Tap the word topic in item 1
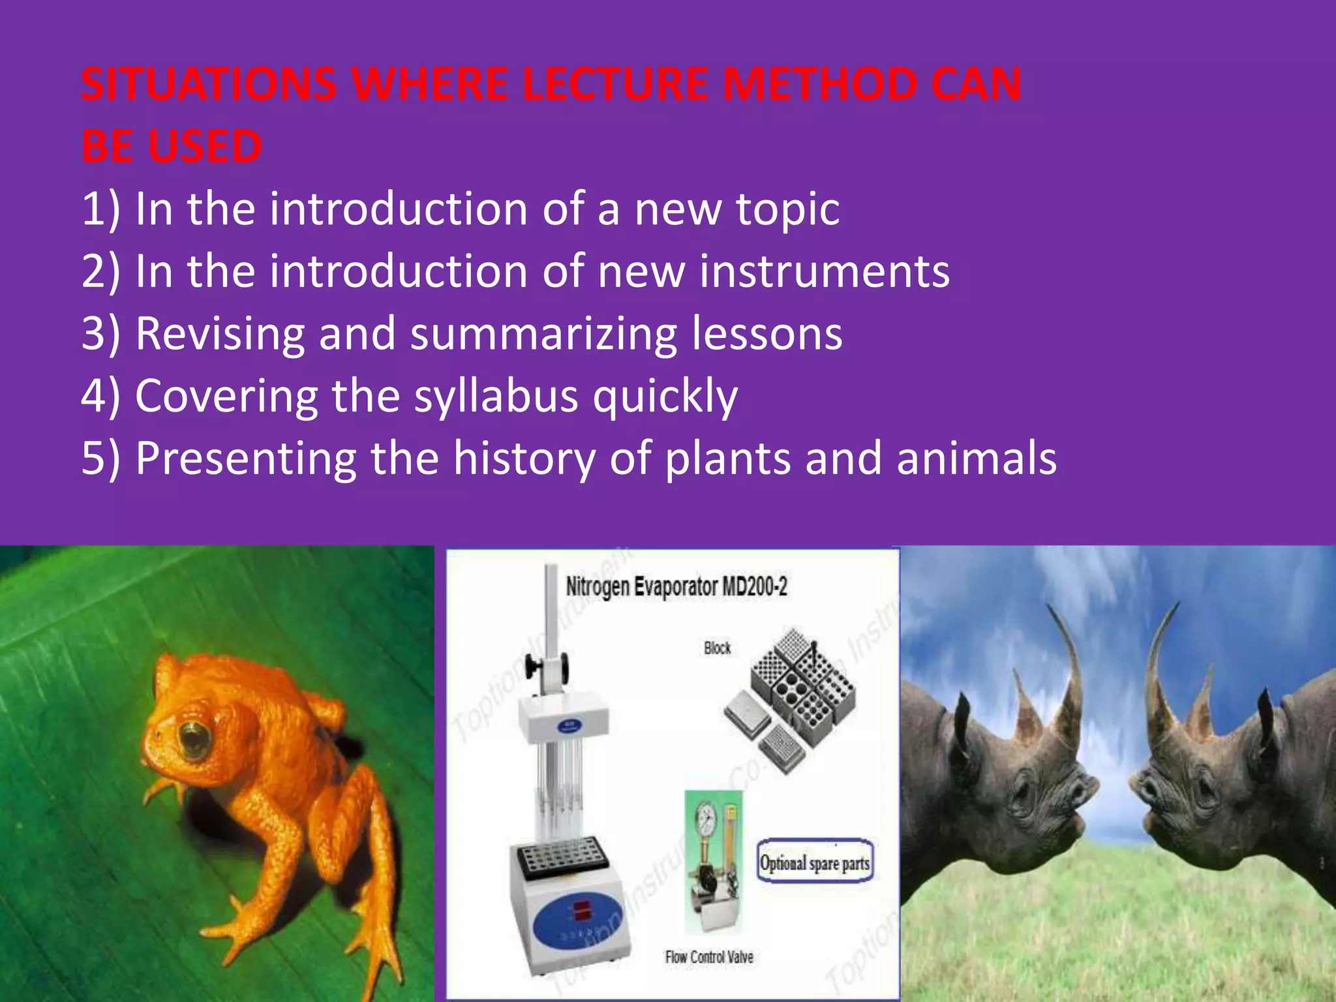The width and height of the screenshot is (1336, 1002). pyautogui.click(x=787, y=209)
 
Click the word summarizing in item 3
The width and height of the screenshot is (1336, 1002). pyautogui.click(x=543, y=334)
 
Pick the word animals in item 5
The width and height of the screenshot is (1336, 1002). pyautogui.click(x=976, y=458)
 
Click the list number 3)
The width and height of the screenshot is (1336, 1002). pyautogui.click(x=101, y=334)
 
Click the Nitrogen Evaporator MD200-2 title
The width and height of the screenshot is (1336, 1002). pyautogui.click(x=676, y=586)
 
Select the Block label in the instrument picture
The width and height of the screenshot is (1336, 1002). pyautogui.click(x=717, y=648)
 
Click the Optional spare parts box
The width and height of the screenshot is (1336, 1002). pyautogui.click(x=814, y=862)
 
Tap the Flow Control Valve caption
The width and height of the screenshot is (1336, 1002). pyautogui.click(x=708, y=957)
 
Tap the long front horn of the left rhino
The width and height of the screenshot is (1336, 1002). pyautogui.click(x=1065, y=665)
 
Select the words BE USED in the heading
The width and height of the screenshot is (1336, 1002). pyautogui.click(x=172, y=147)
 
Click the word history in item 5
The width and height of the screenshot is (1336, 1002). pyautogui.click(x=524, y=458)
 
